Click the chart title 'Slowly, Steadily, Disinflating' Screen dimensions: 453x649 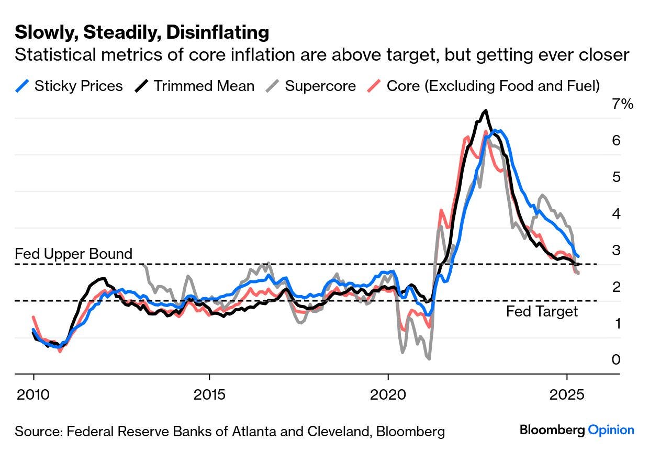[142, 33]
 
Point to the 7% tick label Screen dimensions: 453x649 [622, 104]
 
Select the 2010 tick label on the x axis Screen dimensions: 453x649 [33, 393]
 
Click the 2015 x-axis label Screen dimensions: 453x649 [209, 393]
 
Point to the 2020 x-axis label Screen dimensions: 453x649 [388, 393]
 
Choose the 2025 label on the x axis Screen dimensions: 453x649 [566, 393]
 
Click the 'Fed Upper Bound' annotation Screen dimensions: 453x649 [73, 254]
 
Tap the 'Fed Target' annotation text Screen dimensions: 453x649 [542, 312]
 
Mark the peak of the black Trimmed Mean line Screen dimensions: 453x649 [486, 110]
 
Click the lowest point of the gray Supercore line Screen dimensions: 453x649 [429, 358]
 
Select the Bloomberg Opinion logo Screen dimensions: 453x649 [577, 430]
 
